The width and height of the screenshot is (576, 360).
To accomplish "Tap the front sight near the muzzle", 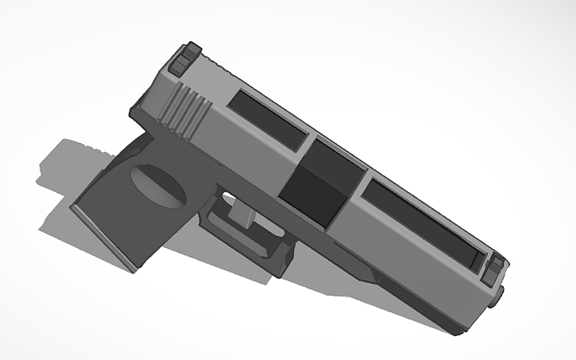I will coord(495,268).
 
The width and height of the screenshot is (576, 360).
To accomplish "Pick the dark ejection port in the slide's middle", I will coord(318,184).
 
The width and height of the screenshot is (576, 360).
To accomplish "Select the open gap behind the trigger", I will coord(226,199).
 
